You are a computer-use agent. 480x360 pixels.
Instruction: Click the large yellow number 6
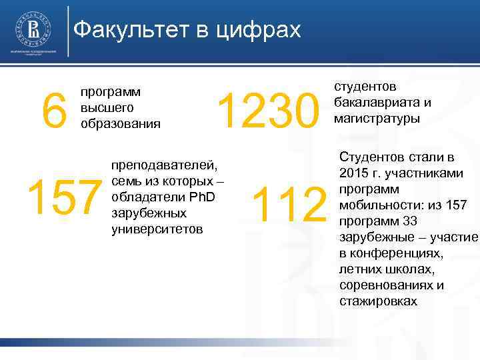(x=54, y=110)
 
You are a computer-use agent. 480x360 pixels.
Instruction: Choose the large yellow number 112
(x=291, y=205)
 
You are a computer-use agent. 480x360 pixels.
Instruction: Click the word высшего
(x=107, y=107)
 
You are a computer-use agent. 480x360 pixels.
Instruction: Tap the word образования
(x=120, y=123)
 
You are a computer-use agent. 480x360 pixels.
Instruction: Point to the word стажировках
(x=378, y=301)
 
